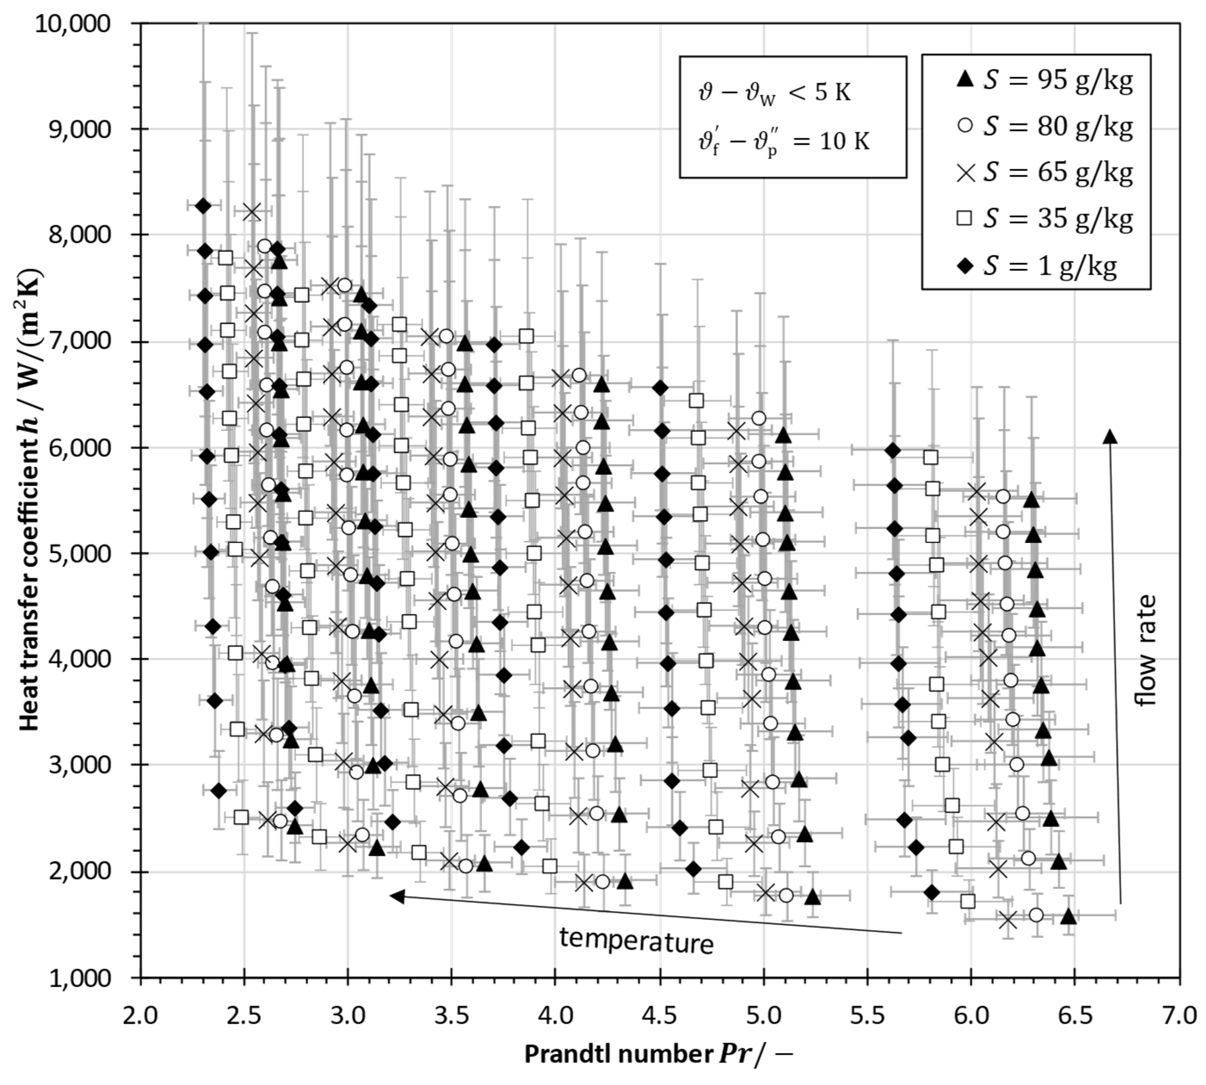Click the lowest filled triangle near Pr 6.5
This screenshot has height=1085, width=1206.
pos(1068,917)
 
